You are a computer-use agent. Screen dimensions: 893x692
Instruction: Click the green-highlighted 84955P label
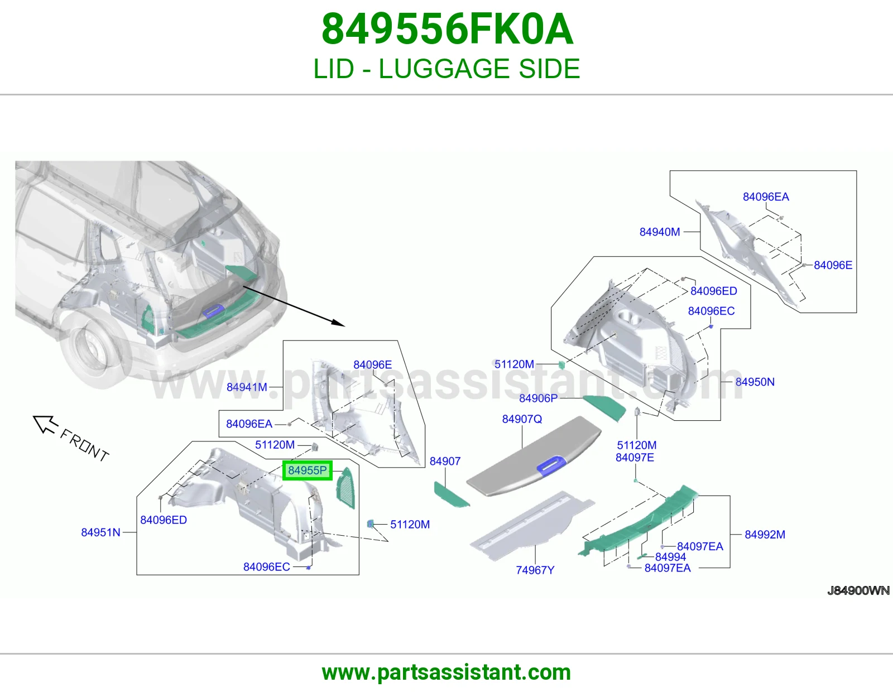pos(308,470)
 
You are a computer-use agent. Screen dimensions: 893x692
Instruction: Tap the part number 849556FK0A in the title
pos(447,29)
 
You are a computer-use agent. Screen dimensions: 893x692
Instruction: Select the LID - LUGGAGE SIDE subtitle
pos(446,69)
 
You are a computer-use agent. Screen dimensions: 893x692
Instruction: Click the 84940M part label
pos(660,232)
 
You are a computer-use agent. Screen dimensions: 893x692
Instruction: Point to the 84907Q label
pos(522,419)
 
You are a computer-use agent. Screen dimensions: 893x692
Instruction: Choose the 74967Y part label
pos(535,570)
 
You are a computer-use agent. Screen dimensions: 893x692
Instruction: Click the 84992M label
pos(765,534)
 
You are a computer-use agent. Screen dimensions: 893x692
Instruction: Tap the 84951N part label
pos(100,532)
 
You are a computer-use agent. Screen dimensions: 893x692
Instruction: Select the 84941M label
pos(247,387)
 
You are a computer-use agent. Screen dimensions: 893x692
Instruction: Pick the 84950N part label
pos(755,382)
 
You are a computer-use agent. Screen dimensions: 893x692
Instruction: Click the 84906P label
pos(539,398)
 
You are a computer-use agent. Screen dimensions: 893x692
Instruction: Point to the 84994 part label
pos(671,557)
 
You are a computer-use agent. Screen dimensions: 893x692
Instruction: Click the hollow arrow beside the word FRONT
pos(45,424)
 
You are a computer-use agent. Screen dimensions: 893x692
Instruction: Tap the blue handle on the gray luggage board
pos(552,465)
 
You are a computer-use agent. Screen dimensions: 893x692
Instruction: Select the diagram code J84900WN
pos(858,590)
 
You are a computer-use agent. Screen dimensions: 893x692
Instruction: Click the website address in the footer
pos(446,672)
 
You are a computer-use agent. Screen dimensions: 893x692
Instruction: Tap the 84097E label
pos(635,458)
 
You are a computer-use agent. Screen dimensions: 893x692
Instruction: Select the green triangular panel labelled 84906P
pos(604,407)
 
